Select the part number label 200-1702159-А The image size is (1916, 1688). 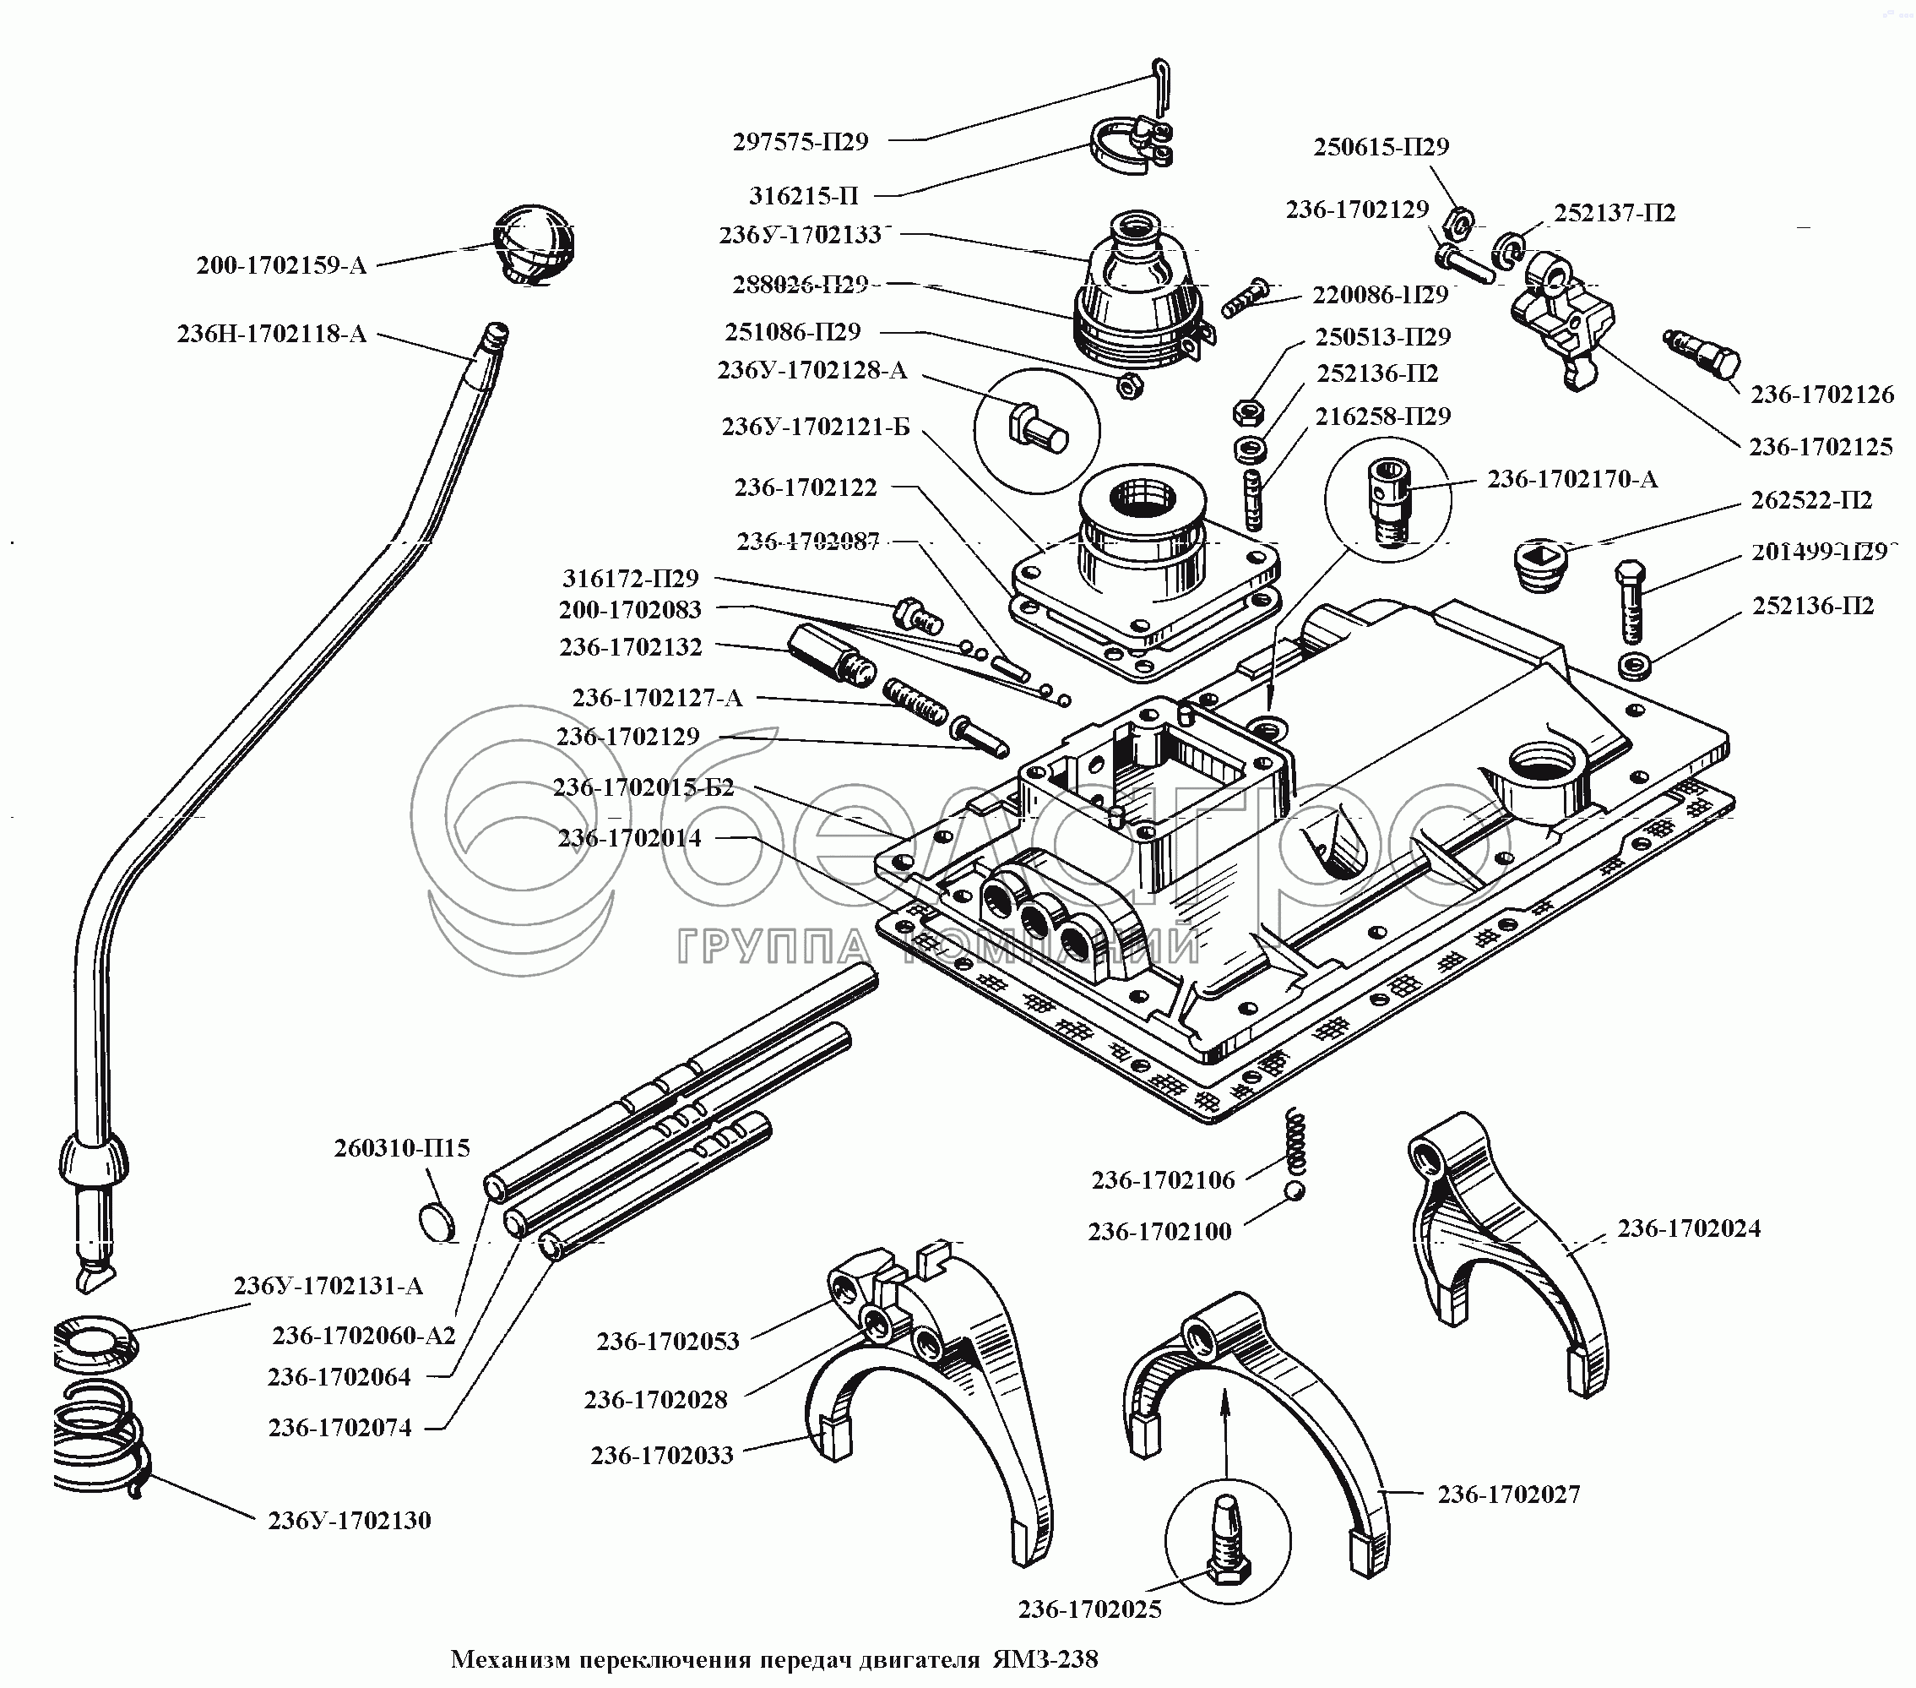(x=281, y=265)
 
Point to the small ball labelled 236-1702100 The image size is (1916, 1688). (x=1294, y=1190)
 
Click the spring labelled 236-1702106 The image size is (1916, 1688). (x=1295, y=1140)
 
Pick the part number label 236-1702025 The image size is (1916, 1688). (x=1089, y=1609)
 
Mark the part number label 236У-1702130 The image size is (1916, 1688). (x=349, y=1520)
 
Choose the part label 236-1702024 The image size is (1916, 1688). (x=1688, y=1228)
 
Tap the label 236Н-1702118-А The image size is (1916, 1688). (x=272, y=334)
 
